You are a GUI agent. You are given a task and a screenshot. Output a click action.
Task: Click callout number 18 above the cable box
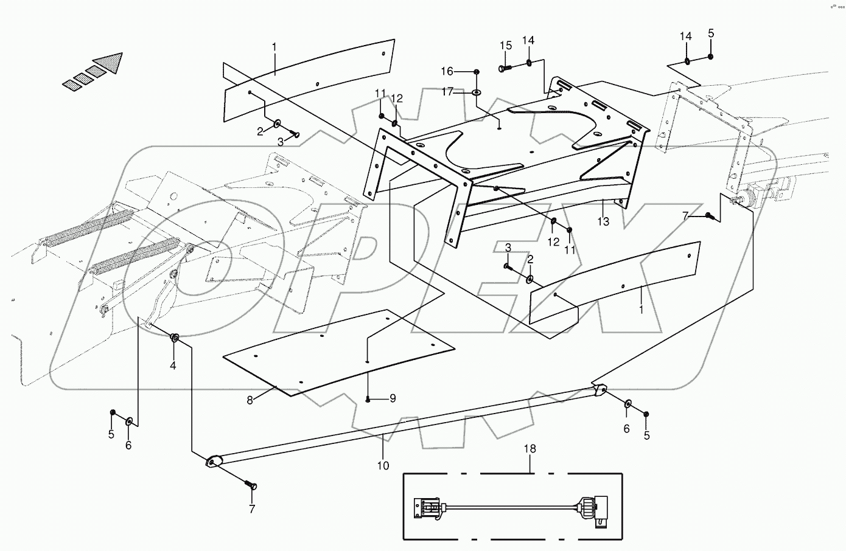[x=530, y=449]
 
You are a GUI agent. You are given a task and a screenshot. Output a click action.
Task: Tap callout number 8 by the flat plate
[x=250, y=400]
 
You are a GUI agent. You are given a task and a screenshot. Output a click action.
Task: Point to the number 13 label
[x=603, y=222]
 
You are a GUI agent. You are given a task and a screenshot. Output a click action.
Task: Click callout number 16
[x=447, y=72]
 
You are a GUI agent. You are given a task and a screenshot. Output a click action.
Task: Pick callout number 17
[x=447, y=92]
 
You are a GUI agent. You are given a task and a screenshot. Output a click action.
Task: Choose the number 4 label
[x=173, y=366]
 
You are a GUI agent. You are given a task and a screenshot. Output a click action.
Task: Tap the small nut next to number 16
[x=476, y=72]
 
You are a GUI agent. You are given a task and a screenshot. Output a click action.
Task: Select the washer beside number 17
[x=476, y=92]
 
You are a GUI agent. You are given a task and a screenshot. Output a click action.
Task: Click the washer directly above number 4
[x=175, y=338]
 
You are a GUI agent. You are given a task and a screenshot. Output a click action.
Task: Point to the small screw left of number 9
[x=369, y=400]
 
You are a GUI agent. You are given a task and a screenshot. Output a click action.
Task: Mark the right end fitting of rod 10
[x=598, y=390]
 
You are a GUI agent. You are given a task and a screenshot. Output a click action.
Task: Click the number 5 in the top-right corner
[x=710, y=33]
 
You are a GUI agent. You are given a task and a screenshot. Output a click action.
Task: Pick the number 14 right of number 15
[x=528, y=40]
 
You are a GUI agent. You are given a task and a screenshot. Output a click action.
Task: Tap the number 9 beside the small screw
[x=393, y=399]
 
